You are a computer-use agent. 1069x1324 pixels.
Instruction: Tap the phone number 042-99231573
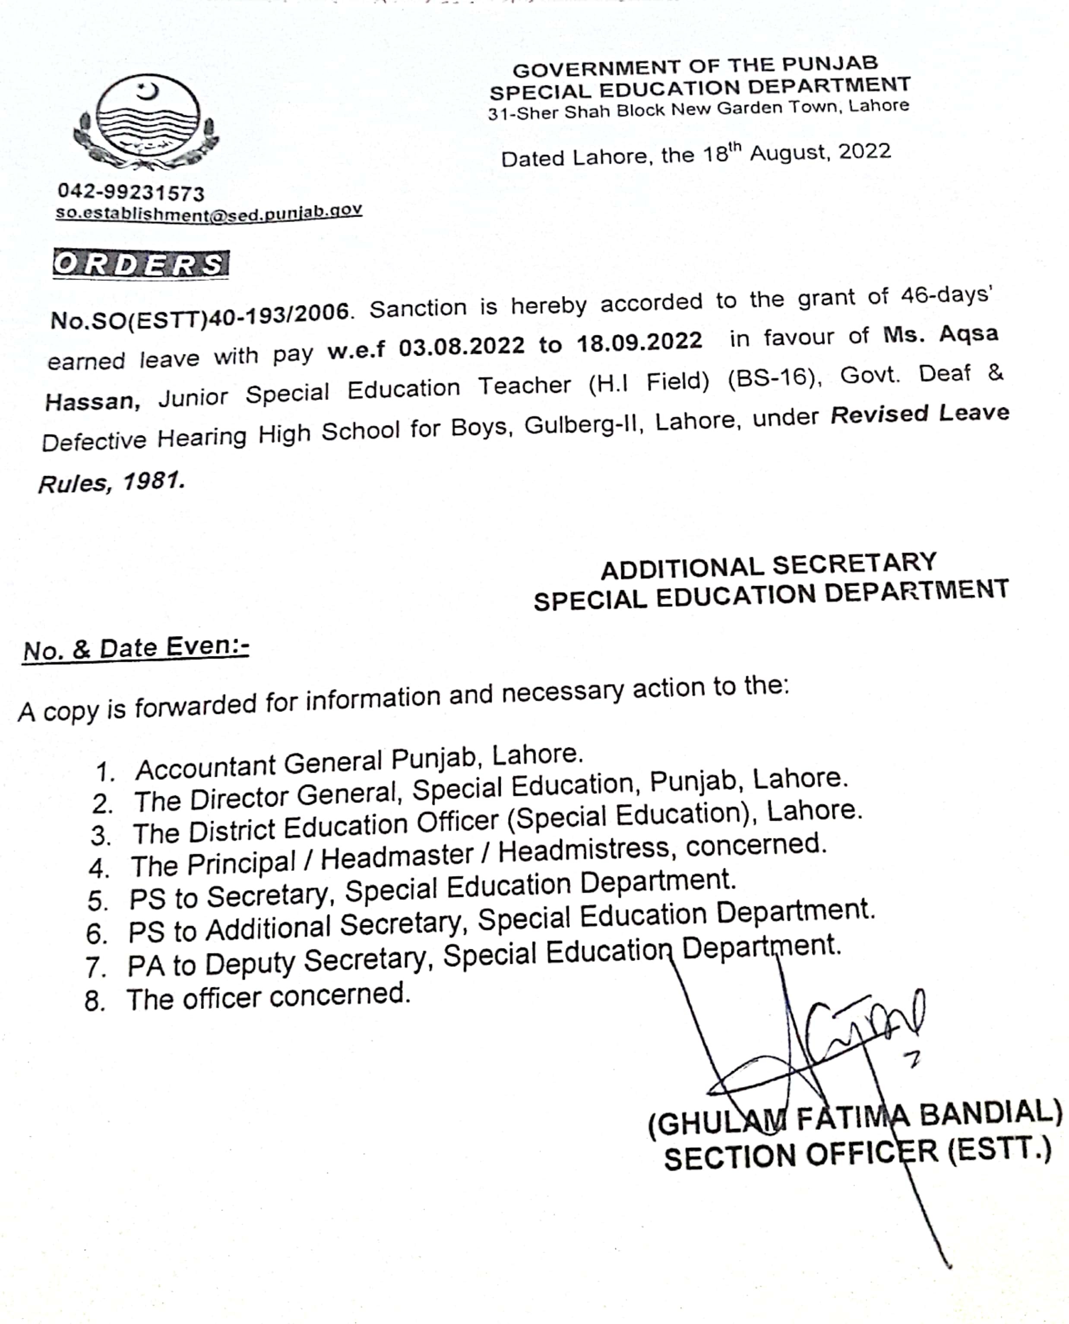coord(130,192)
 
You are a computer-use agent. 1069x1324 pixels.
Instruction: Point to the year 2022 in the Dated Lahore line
coord(864,151)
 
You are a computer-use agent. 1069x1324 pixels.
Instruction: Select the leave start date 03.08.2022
coord(461,347)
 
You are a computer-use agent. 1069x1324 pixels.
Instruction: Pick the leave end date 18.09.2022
coord(639,342)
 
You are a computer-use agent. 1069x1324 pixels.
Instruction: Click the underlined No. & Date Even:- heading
coord(136,649)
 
